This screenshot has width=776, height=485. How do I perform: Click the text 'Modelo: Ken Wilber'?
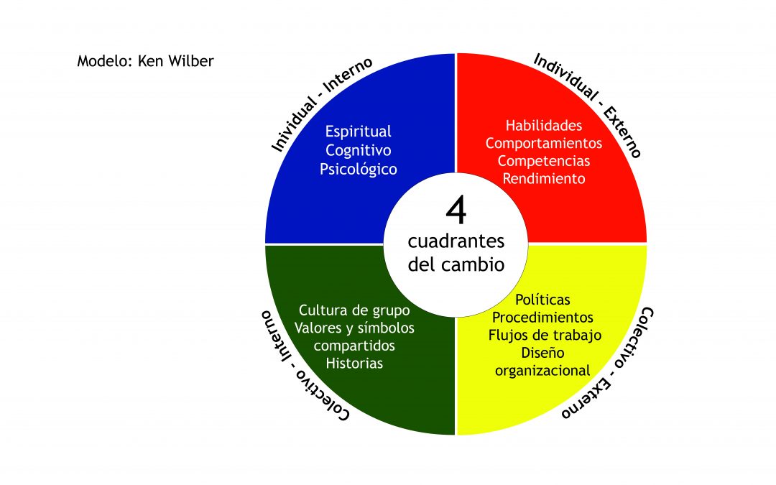(145, 61)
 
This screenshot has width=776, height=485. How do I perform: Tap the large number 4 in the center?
(456, 210)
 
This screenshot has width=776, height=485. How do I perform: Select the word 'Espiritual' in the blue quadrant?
(359, 131)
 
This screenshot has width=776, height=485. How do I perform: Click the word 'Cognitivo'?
(359, 150)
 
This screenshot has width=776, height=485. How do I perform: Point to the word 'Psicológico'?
(359, 170)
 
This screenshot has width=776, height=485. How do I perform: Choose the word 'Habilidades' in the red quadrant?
(544, 125)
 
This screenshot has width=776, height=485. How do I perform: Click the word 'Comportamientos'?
(544, 143)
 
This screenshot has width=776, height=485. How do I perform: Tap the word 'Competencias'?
(544, 161)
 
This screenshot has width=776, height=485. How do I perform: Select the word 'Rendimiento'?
(544, 178)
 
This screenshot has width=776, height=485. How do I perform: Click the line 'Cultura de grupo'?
(354, 310)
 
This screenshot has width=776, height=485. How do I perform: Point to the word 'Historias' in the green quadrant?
(354, 364)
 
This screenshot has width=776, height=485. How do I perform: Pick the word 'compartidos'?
(354, 346)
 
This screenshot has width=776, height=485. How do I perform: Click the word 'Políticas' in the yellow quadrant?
(543, 300)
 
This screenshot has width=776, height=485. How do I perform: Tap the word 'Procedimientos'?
(543, 318)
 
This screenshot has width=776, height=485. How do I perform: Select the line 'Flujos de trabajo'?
(545, 335)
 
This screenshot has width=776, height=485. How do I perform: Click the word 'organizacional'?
(543, 371)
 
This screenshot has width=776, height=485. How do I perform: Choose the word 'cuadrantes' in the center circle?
(456, 241)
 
